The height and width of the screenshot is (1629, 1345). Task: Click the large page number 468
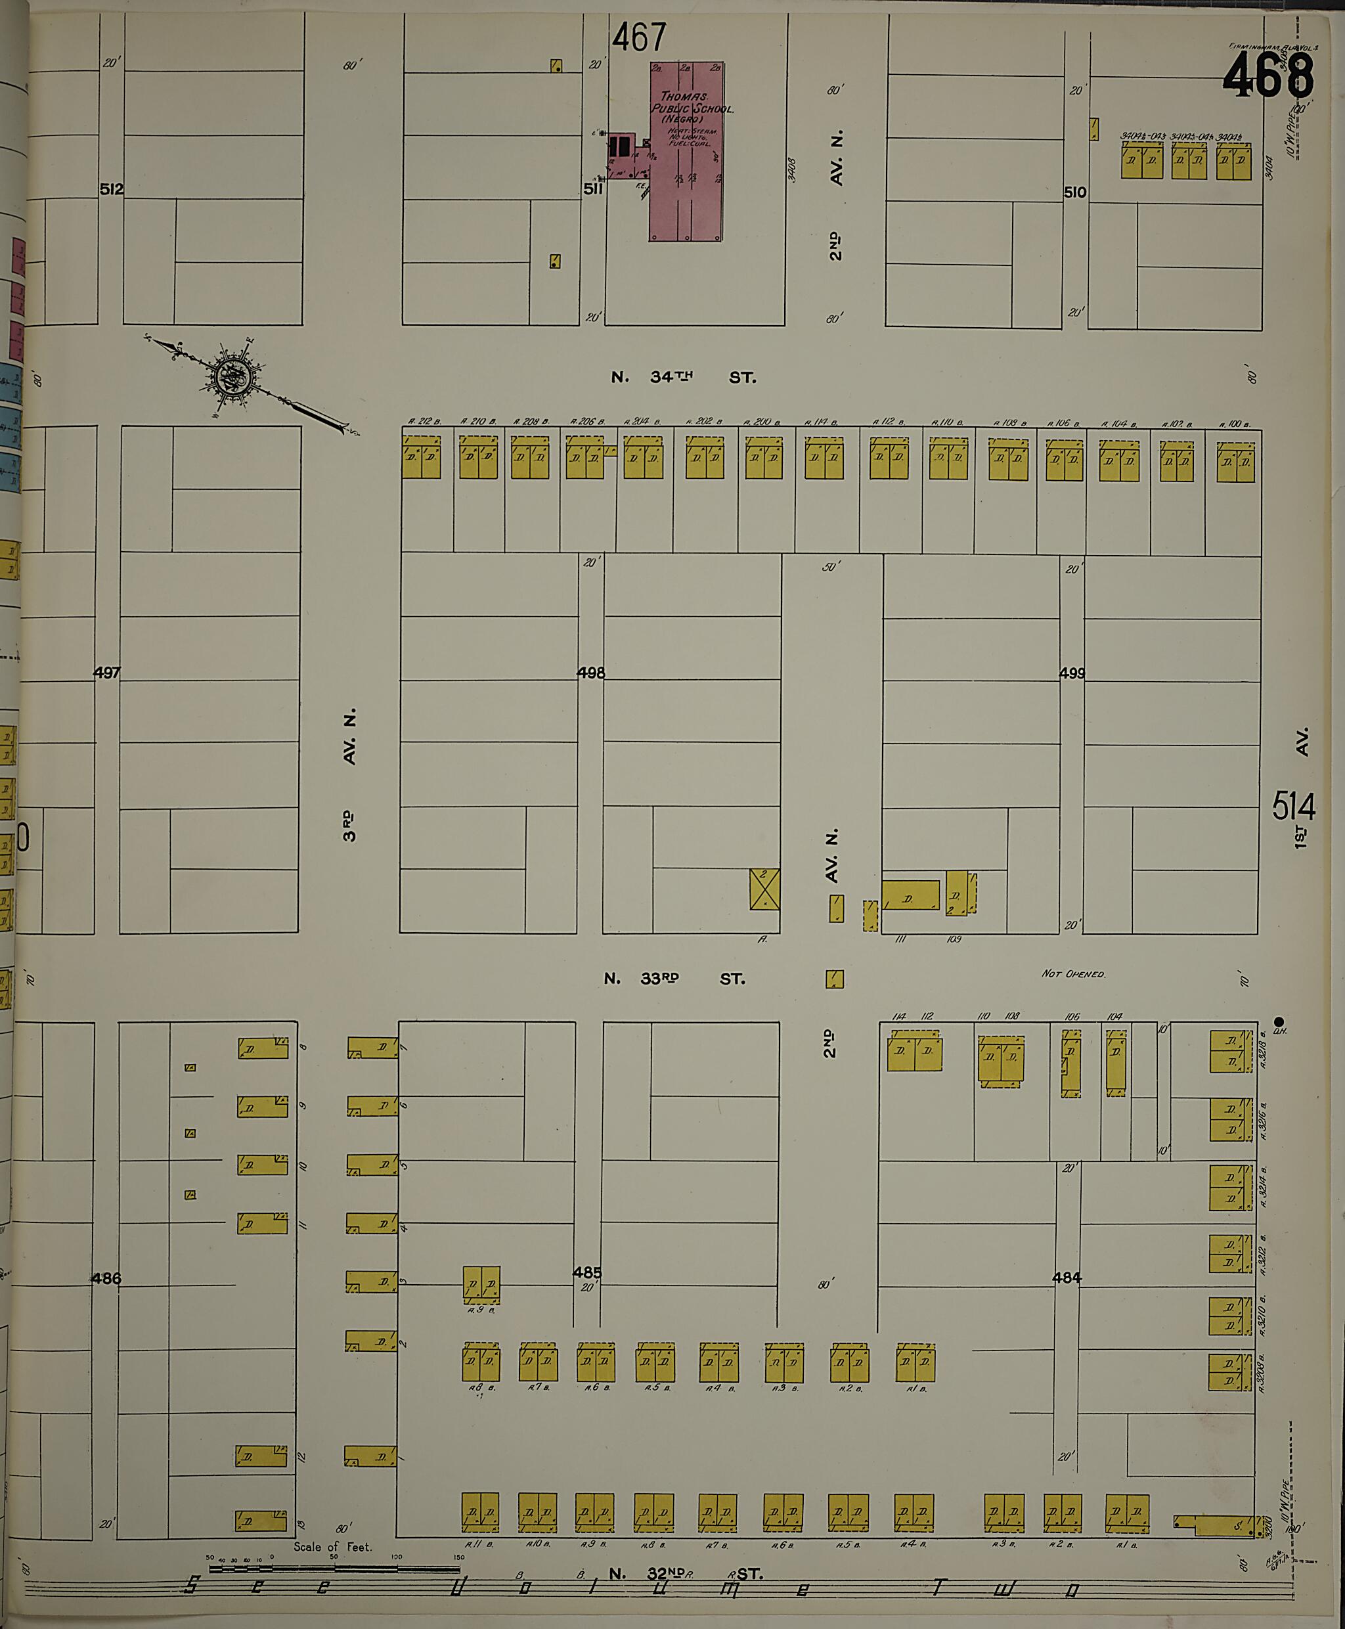click(x=1268, y=75)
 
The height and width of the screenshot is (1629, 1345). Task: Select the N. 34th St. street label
click(x=682, y=378)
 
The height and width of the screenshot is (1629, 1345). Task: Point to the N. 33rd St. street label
click(x=674, y=979)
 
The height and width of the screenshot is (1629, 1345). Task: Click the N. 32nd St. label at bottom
click(x=686, y=1574)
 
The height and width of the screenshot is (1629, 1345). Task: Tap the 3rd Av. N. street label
click(x=350, y=774)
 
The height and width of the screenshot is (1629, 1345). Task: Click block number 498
click(x=591, y=673)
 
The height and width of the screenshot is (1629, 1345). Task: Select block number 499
click(x=1072, y=673)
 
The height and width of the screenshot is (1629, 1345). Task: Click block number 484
click(x=1066, y=1277)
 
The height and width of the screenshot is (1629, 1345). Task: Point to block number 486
click(x=106, y=1278)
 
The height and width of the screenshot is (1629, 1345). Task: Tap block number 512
click(x=112, y=189)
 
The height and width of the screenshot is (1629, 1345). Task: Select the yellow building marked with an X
click(x=764, y=889)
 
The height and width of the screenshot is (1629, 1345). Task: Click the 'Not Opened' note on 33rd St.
click(x=1073, y=973)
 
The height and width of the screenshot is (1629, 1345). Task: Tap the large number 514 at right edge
click(x=1293, y=807)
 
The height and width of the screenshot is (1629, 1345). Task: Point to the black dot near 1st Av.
click(x=1279, y=1021)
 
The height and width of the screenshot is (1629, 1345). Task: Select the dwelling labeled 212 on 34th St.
click(x=421, y=457)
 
